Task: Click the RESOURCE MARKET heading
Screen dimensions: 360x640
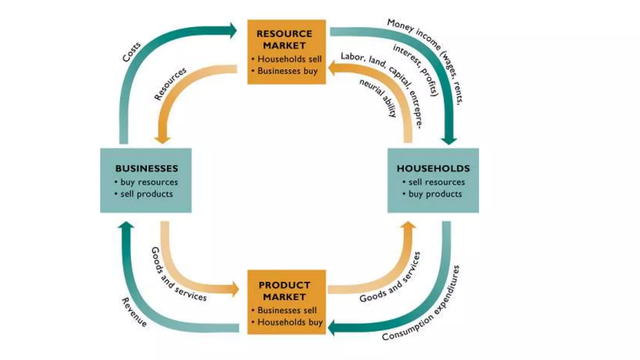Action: pyautogui.click(x=284, y=39)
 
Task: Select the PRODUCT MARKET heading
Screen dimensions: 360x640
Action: pyautogui.click(x=284, y=291)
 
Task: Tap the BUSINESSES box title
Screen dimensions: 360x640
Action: pyautogui.click(x=147, y=168)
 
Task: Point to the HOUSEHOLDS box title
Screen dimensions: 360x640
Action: pyautogui.click(x=433, y=168)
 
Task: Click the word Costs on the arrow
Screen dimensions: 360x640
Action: pyautogui.click(x=131, y=52)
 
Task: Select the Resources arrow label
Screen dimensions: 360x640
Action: pyautogui.click(x=170, y=83)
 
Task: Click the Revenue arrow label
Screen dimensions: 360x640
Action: pyautogui.click(x=134, y=312)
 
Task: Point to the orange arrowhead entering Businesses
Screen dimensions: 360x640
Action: pyautogui.click(x=162, y=139)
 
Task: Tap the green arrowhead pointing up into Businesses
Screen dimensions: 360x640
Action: pyautogui.click(x=126, y=225)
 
